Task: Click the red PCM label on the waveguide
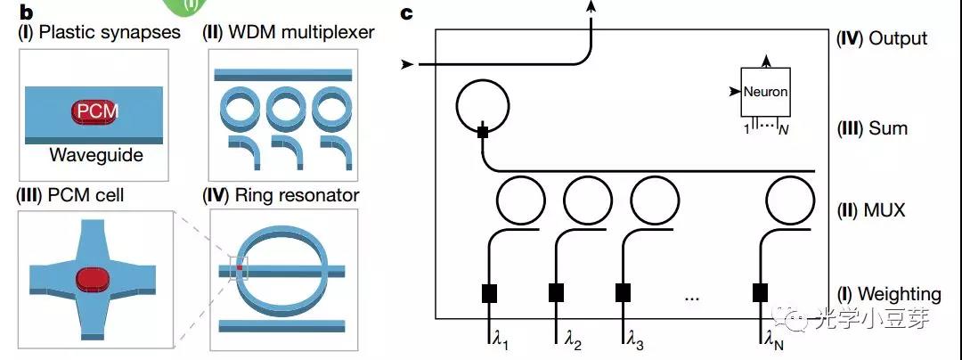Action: pyautogui.click(x=94, y=112)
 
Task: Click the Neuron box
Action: pyautogui.click(x=765, y=91)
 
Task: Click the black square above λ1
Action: pyautogui.click(x=489, y=292)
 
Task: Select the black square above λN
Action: pyautogui.click(x=761, y=292)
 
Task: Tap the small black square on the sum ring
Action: pyautogui.click(x=481, y=133)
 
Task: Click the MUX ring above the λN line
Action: pyautogui.click(x=789, y=201)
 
